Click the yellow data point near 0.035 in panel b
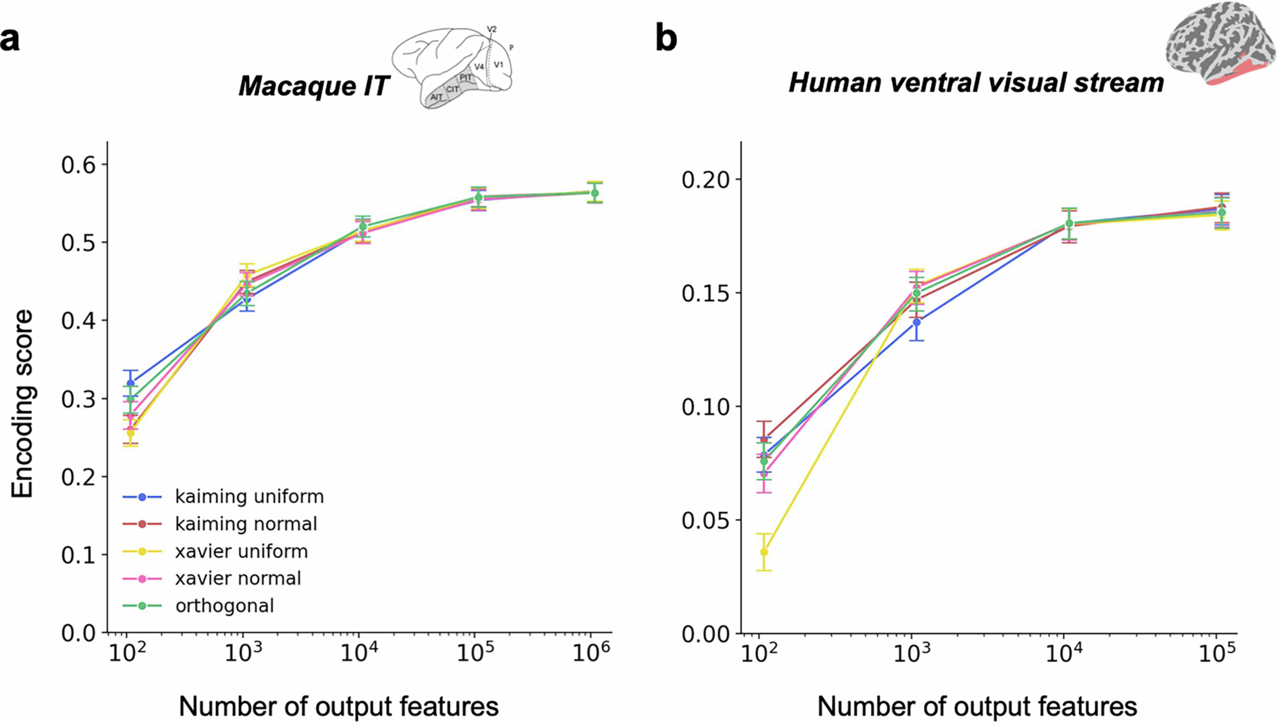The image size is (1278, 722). point(764,552)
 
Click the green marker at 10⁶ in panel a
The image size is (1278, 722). point(595,193)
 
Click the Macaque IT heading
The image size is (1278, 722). point(314,86)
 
